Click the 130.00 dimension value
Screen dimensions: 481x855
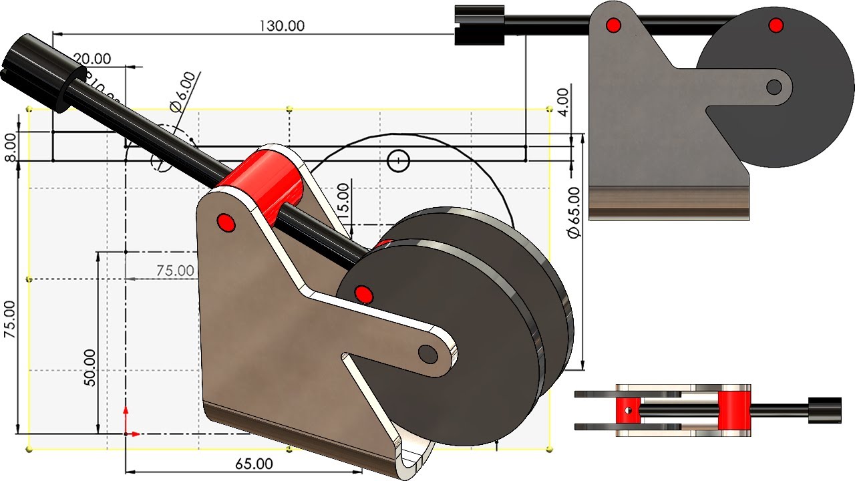[281, 25]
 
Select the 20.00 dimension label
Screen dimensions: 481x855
[92, 59]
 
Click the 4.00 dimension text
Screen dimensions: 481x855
[563, 102]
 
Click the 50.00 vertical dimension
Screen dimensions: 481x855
[90, 367]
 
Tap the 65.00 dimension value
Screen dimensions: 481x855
[254, 463]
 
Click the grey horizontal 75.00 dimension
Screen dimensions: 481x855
[176, 271]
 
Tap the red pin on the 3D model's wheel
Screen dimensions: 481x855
[363, 293]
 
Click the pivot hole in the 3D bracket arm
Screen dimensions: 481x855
[427, 353]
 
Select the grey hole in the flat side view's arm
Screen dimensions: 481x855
[774, 87]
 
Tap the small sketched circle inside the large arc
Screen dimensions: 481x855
[399, 160]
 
